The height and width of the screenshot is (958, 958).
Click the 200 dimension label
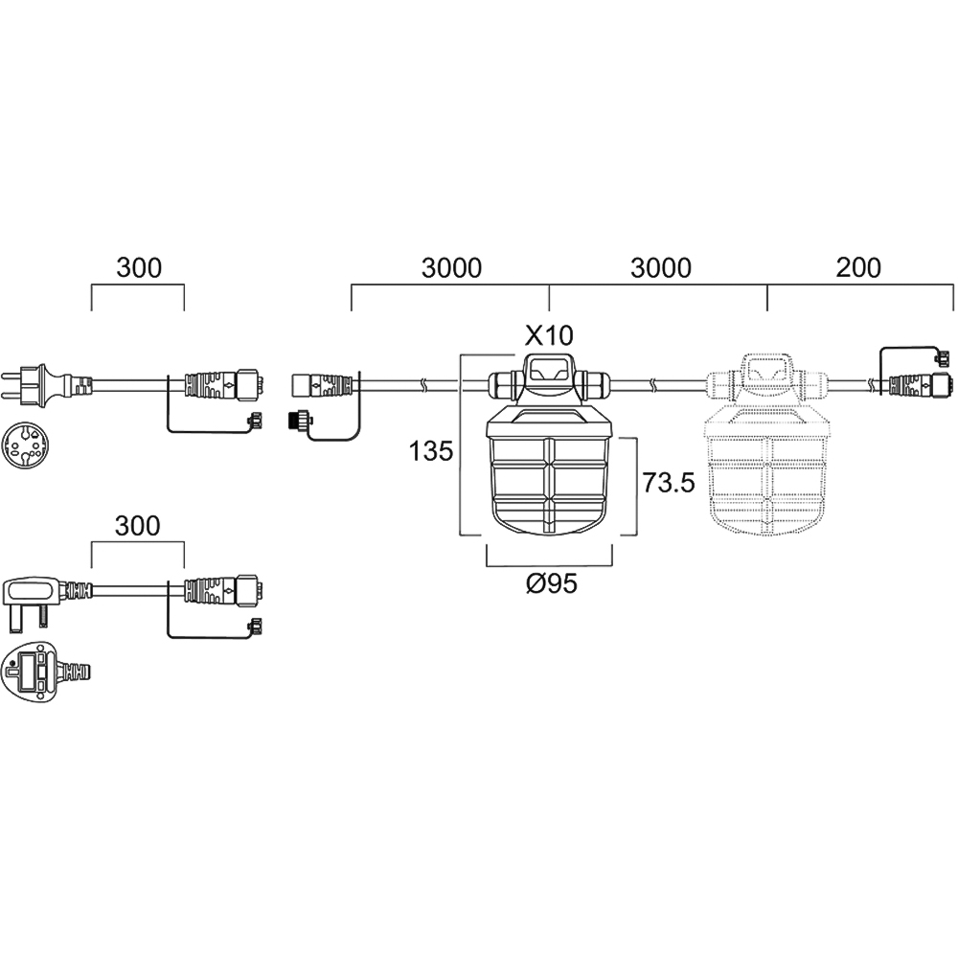coord(858,267)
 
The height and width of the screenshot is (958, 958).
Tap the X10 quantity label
coord(548,334)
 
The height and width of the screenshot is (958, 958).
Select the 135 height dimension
coord(431,450)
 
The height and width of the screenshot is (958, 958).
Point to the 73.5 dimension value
coord(668,483)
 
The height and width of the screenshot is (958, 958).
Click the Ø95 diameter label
coord(551,583)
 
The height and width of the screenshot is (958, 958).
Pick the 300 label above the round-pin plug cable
coord(139,267)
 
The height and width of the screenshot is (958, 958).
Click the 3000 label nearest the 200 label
coord(660,267)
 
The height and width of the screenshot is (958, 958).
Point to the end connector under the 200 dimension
coord(915,386)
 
